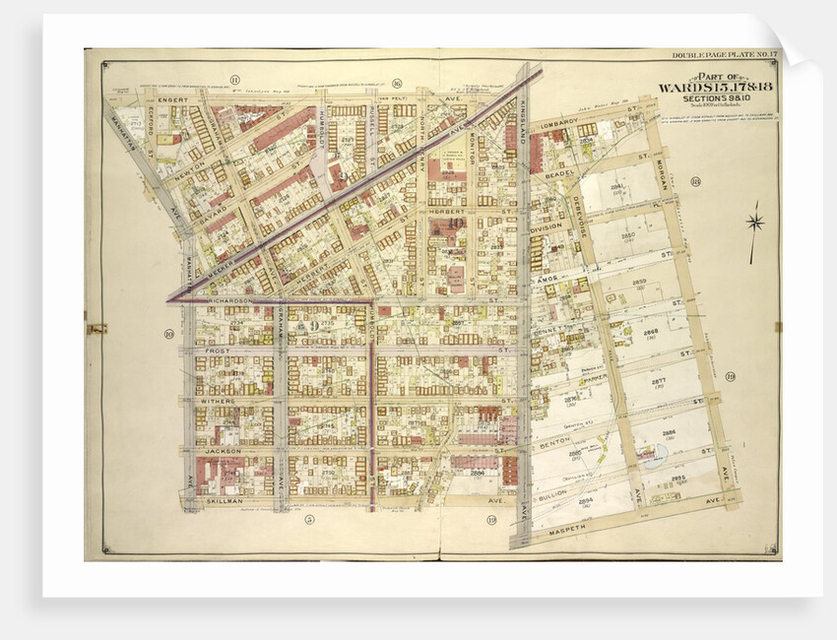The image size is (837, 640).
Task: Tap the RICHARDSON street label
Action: point(230,299)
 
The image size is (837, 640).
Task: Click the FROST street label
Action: point(217,350)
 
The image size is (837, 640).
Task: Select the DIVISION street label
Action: point(546,226)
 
